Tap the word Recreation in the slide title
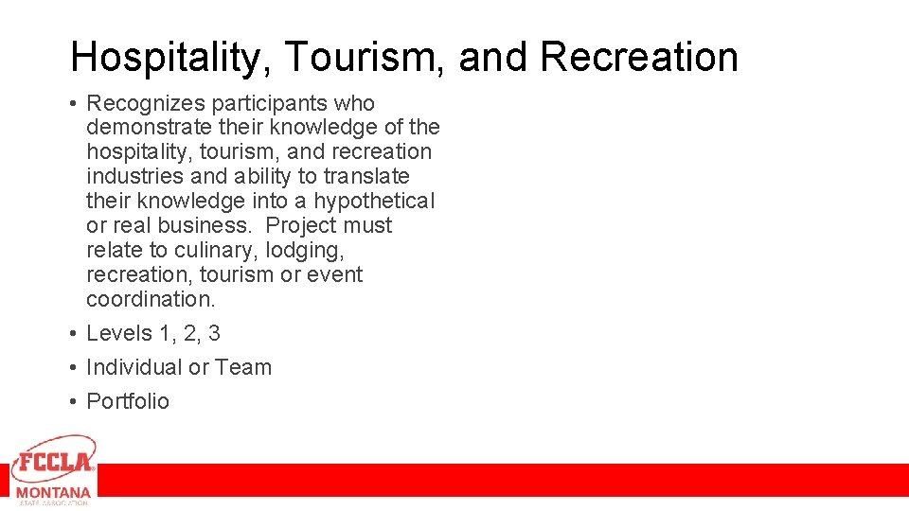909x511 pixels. tap(639, 58)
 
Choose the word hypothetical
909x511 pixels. tap(375, 202)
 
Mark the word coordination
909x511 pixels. tap(151, 299)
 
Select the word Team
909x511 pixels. tap(243, 367)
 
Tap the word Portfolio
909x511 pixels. tap(128, 401)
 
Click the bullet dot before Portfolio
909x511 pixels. tap(73, 402)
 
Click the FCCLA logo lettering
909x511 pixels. tap(54, 462)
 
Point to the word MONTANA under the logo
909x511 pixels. tap(53, 493)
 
